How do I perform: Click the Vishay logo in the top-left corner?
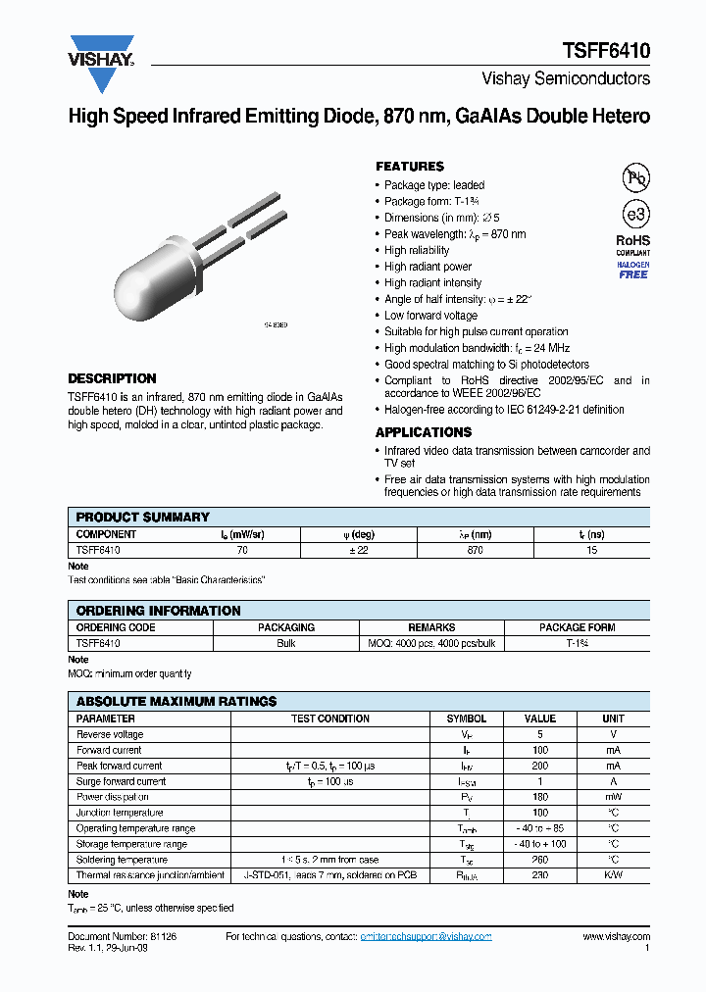(101, 50)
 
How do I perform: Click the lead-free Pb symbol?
(636, 177)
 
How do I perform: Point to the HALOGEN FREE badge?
(633, 270)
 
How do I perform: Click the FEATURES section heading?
(409, 167)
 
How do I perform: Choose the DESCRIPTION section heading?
(112, 378)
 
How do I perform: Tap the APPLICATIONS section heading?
(423, 432)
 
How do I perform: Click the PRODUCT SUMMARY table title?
(143, 517)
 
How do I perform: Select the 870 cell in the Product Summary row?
(476, 551)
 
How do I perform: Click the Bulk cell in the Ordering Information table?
(286, 644)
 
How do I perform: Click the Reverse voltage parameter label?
(110, 734)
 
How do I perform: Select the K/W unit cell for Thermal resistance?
(613, 875)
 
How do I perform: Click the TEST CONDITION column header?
(330, 719)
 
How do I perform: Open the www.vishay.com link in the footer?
(616, 937)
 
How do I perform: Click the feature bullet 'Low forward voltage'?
(430, 316)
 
